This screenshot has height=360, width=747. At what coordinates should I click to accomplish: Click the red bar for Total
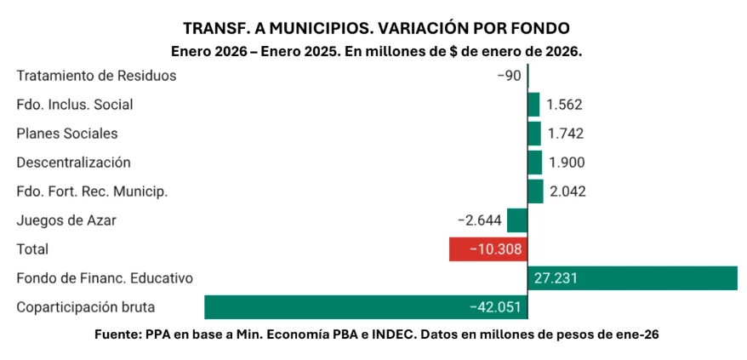[x=488, y=249]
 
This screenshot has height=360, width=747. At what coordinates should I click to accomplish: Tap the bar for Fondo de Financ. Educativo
[x=633, y=278]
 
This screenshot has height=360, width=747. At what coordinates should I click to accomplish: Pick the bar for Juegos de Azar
[x=517, y=220]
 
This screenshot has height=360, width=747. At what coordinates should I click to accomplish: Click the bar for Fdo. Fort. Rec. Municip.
[x=535, y=191]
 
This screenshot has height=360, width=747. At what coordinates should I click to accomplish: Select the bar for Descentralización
[x=535, y=163]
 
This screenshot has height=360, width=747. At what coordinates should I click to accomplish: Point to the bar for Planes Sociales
[x=534, y=134]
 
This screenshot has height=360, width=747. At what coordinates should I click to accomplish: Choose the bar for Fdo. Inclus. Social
[x=533, y=105]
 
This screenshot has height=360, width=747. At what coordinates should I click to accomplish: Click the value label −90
[x=509, y=76]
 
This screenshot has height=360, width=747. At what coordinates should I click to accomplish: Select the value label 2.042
[x=567, y=191]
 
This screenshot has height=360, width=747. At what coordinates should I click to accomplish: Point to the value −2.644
[x=479, y=220]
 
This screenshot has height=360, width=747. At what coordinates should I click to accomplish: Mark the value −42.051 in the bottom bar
[x=494, y=307]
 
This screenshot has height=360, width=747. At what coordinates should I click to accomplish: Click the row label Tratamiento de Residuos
[x=96, y=76]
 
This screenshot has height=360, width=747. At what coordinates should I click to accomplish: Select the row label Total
[x=32, y=249]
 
